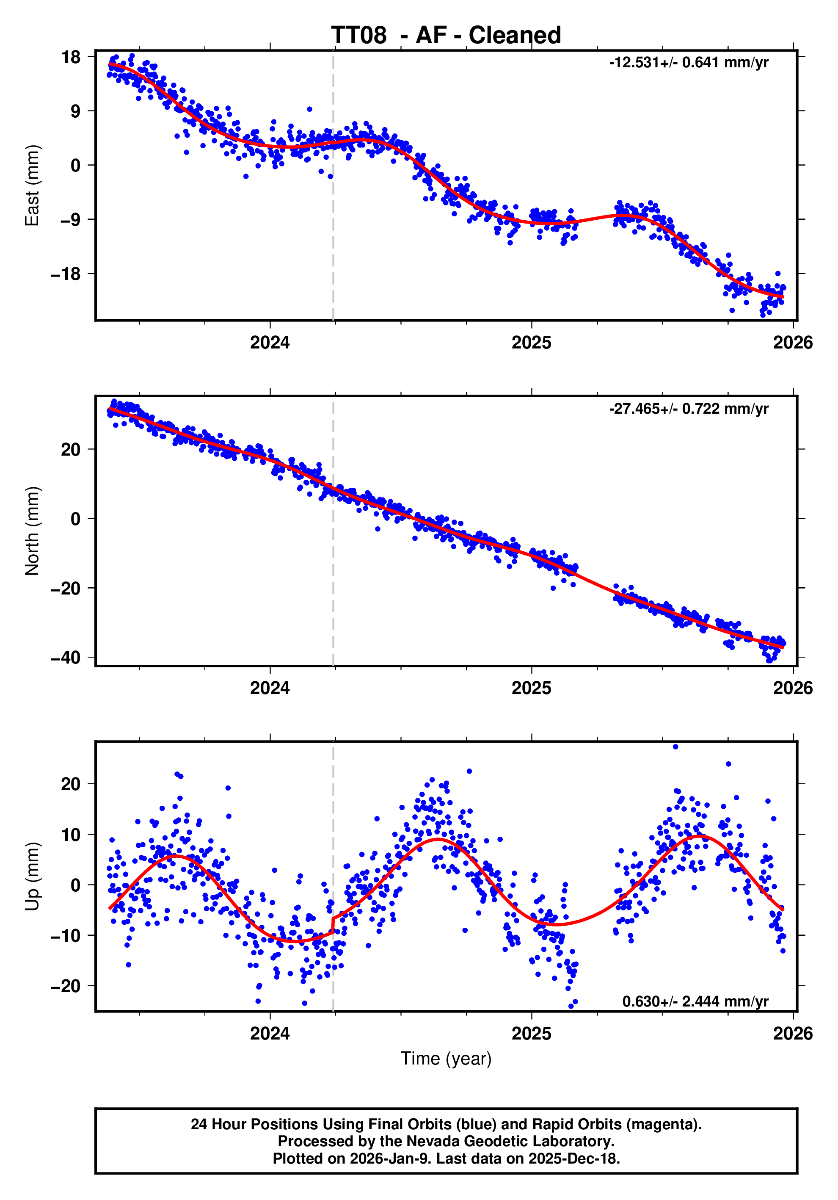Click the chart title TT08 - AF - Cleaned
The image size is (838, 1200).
pyautogui.click(x=446, y=36)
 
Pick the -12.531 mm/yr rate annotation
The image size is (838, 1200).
pyautogui.click(x=688, y=63)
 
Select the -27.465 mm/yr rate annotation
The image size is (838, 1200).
pyautogui.click(x=688, y=409)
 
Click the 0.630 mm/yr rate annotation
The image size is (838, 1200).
pyautogui.click(x=695, y=1001)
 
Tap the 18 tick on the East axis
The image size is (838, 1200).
pyautogui.click(x=71, y=57)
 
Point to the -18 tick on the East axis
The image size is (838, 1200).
pyautogui.click(x=66, y=274)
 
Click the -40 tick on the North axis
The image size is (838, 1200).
pyautogui.click(x=66, y=658)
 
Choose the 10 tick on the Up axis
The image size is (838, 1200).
pyautogui.click(x=71, y=835)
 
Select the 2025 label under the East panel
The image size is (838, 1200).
pyautogui.click(x=531, y=343)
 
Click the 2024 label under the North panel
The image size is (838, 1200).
pyautogui.click(x=270, y=688)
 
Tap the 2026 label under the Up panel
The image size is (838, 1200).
pyautogui.click(x=793, y=1034)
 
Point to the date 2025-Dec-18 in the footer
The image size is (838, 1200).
pyautogui.click(x=573, y=1159)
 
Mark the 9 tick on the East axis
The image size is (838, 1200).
pyautogui.click(x=76, y=111)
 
